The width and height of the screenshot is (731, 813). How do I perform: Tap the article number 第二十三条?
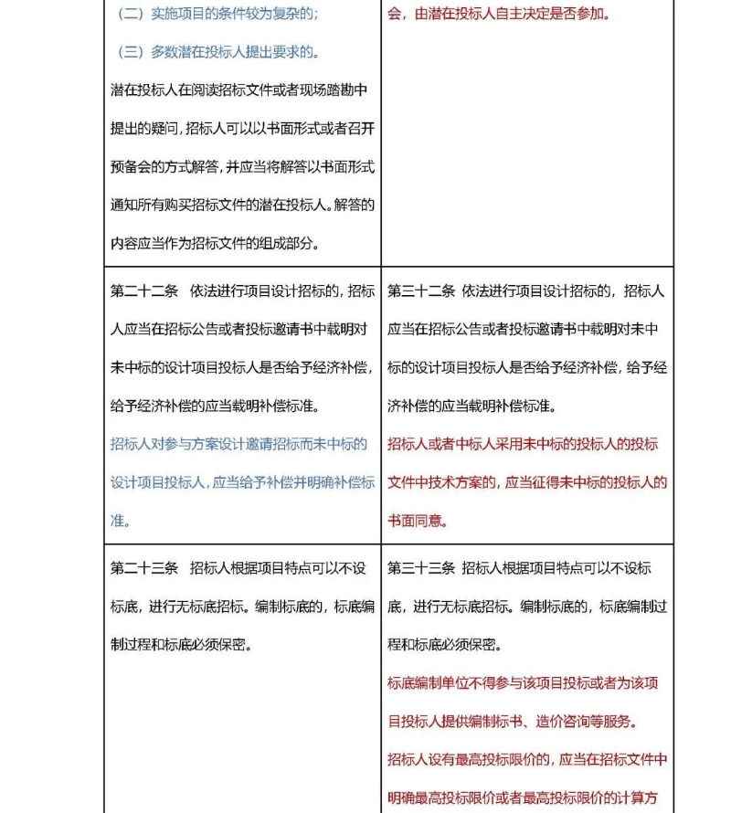(144, 568)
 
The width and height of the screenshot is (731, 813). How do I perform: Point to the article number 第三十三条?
(421, 568)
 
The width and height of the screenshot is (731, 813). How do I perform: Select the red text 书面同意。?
(418, 521)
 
